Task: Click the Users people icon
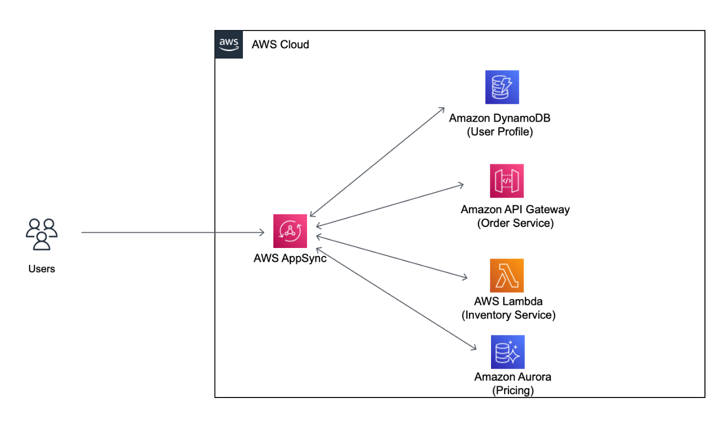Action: coord(42,234)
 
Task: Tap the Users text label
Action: coord(42,269)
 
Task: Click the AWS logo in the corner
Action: coord(229,44)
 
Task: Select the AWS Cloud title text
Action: coord(280,45)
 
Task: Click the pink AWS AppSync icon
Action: coord(290,231)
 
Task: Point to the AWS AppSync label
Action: coord(290,259)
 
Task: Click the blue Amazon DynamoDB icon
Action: coord(502,87)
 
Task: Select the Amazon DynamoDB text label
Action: coord(499,118)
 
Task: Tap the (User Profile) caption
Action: coord(499,132)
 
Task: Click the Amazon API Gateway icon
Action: coord(507,181)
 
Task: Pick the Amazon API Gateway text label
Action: coord(515,210)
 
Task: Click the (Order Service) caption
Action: coord(515,223)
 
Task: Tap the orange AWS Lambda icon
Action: coord(507,275)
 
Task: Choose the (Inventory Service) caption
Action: coord(508,315)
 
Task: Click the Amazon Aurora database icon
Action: coord(507,352)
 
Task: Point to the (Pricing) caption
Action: coord(513,391)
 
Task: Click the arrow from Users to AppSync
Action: coord(173,232)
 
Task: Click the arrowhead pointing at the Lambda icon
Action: coord(464,277)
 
